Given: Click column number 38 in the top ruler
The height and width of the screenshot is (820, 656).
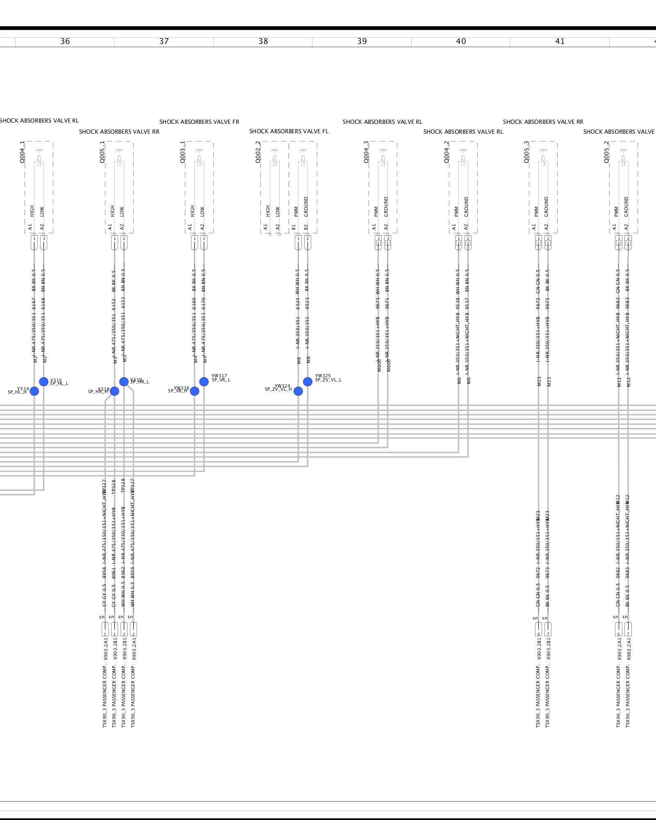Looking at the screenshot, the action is [263, 41].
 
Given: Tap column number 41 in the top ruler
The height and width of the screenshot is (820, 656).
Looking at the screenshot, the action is [560, 41].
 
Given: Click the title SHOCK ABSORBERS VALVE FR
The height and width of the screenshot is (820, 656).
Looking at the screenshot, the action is [199, 122].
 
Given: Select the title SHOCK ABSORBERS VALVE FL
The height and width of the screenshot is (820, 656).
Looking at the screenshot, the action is [289, 131].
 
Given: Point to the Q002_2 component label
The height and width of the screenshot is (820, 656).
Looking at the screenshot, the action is [258, 152].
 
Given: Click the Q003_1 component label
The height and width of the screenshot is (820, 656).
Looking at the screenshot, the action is [183, 152].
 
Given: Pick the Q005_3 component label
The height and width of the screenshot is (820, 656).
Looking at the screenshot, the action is [526, 152].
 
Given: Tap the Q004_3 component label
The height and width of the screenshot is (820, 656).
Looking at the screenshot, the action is [366, 152].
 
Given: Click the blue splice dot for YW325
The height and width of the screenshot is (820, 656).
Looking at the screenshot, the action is [307, 382].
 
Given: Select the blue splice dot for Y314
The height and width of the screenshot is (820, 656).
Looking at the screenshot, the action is [34, 391].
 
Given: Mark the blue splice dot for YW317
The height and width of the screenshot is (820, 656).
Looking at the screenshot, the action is [204, 382].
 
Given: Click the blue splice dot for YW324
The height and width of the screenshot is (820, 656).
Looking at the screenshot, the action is [298, 391].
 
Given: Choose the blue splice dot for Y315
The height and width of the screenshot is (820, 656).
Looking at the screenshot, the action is [43, 382].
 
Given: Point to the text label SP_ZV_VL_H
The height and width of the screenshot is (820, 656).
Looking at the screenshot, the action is [278, 389].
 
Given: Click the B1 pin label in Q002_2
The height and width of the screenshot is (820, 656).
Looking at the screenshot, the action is [294, 227].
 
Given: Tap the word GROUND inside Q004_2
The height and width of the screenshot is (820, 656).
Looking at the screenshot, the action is [466, 207].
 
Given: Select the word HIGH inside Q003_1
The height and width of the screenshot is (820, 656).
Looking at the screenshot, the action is [192, 211].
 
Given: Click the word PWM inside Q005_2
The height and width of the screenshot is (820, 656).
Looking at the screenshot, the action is [616, 212].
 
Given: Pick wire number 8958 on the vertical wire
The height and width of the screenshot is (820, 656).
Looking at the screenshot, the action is [104, 572].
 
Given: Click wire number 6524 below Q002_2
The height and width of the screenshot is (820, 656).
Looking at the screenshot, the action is [298, 303].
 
